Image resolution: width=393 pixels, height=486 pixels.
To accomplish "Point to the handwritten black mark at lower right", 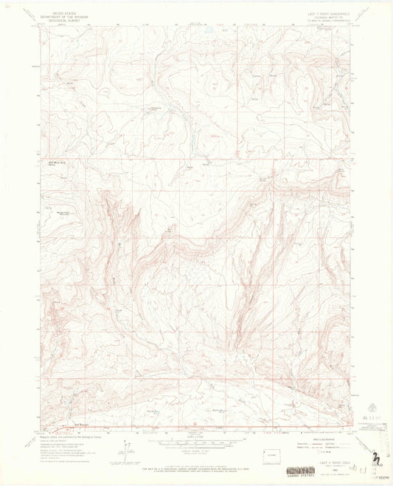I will (376, 457).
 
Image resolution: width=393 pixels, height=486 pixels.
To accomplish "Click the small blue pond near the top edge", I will (209, 30).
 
